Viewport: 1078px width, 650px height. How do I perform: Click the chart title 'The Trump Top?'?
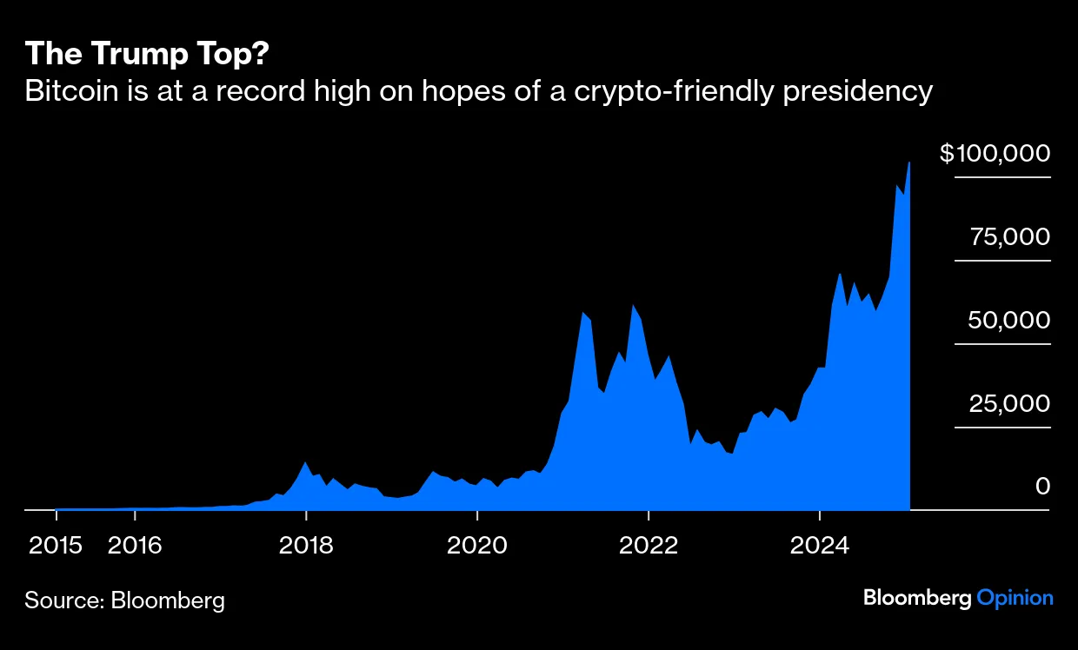click(147, 54)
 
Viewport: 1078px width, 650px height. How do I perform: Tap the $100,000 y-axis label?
click(995, 154)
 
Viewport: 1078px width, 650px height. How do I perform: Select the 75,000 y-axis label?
click(1010, 237)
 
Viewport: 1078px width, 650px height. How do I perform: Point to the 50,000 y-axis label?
click(1009, 321)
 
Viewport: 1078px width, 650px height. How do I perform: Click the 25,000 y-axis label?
click(1009, 404)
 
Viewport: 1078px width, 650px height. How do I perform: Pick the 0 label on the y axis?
click(1042, 487)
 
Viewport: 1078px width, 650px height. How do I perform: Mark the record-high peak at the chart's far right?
click(909, 163)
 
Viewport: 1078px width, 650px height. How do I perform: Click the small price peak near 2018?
click(305, 462)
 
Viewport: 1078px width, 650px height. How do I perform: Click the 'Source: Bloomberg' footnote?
click(124, 600)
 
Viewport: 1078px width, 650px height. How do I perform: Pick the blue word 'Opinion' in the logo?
click(1015, 598)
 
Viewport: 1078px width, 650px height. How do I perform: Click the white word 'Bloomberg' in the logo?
click(917, 598)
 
